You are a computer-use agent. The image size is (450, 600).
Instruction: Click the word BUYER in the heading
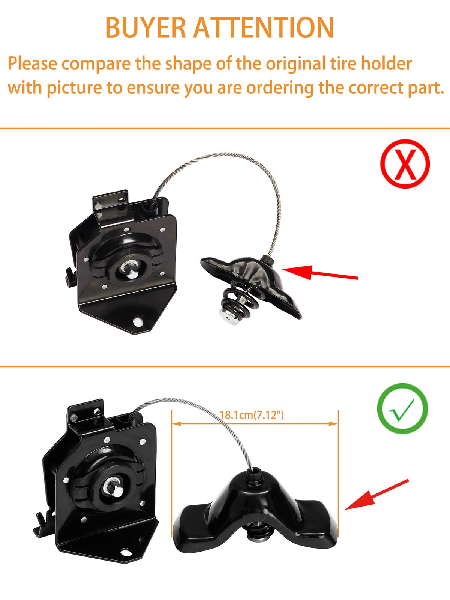tap(145, 27)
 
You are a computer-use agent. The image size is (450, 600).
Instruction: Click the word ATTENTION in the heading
tap(264, 27)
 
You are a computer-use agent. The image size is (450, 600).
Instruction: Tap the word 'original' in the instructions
tap(296, 64)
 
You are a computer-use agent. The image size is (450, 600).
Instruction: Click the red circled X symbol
tap(405, 164)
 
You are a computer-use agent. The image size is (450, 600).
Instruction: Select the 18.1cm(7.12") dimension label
tap(252, 415)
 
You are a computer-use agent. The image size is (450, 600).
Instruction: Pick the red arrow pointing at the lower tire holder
tap(377, 495)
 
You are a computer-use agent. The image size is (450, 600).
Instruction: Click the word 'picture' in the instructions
tap(74, 88)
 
